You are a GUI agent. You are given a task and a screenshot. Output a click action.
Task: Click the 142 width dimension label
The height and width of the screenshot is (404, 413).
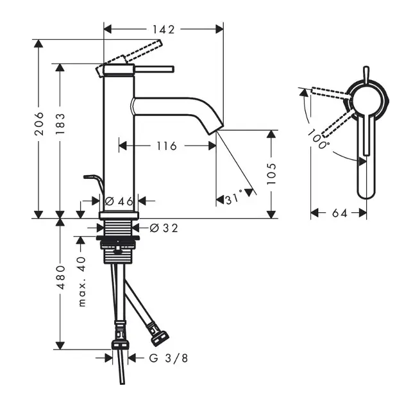[x=164, y=29]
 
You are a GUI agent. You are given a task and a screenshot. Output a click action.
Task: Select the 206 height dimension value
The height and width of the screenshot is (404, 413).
[x=39, y=124]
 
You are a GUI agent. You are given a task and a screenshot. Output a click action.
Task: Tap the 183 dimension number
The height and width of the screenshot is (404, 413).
[x=60, y=124]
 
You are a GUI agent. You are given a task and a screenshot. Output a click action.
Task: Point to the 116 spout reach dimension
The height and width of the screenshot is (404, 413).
[x=167, y=146]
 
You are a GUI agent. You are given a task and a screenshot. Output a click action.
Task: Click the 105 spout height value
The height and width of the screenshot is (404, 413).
[x=271, y=174]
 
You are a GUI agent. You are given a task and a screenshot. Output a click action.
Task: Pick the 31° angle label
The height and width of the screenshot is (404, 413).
[x=234, y=198]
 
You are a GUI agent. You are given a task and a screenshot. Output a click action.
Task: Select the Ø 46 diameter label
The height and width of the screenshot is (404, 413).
[x=119, y=201]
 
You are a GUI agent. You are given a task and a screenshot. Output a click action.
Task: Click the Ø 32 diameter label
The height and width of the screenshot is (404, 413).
[x=164, y=228]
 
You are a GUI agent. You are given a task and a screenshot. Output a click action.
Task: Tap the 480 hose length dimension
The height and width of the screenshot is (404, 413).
[x=60, y=277]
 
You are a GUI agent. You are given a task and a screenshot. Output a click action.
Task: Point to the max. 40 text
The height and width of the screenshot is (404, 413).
[x=82, y=282]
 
